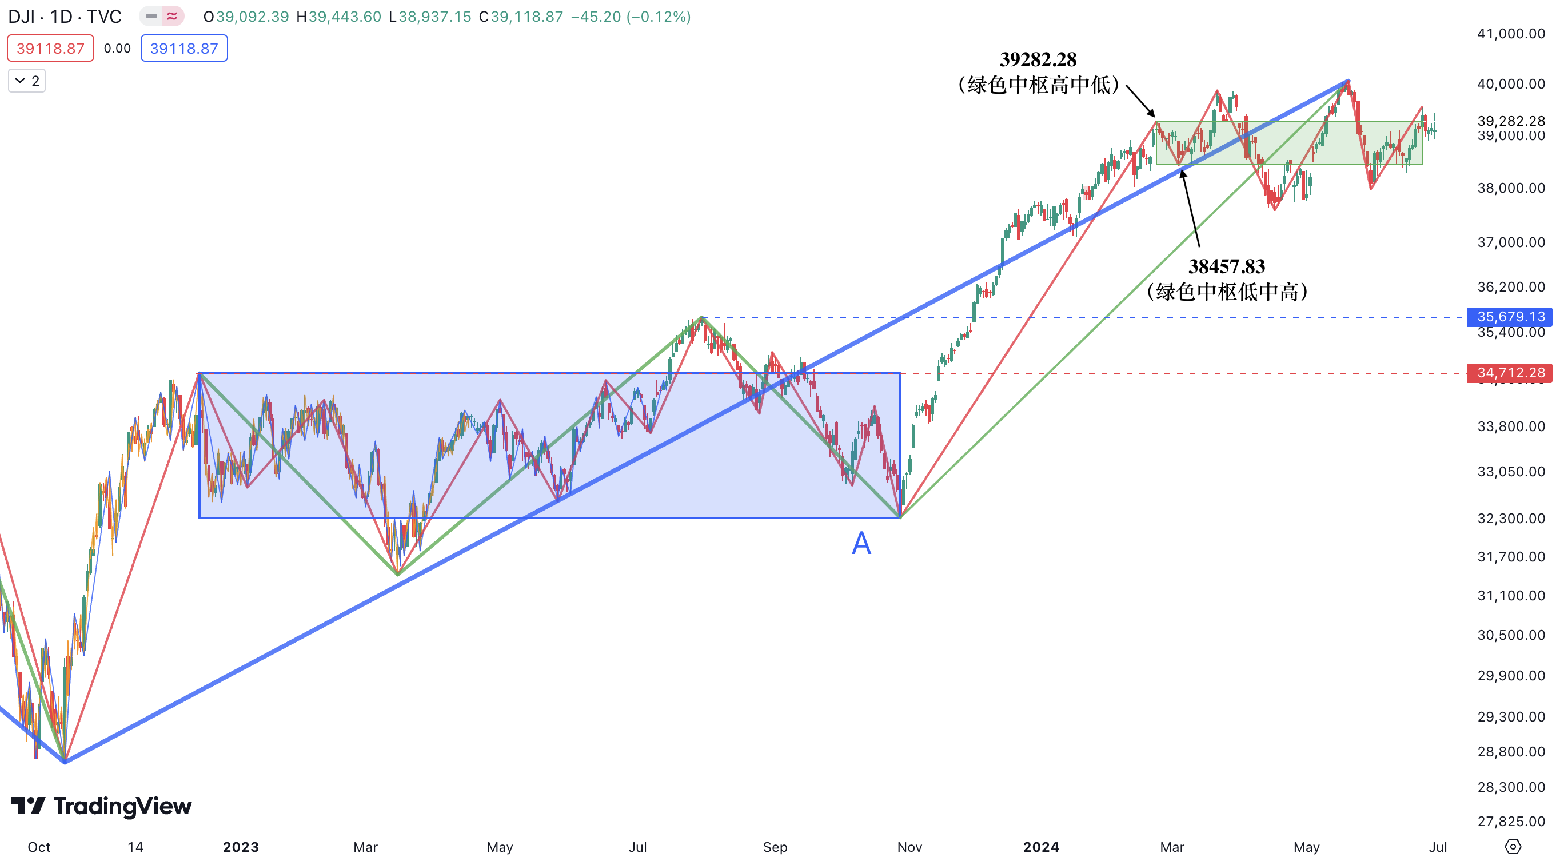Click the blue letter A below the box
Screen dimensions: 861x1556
click(861, 543)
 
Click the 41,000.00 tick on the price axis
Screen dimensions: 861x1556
click(1510, 34)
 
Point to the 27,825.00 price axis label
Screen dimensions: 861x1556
click(1510, 820)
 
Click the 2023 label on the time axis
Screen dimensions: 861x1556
click(241, 847)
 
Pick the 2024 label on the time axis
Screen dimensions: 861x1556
click(1040, 847)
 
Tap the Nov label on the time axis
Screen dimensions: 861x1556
click(909, 847)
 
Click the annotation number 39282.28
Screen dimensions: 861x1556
click(1038, 59)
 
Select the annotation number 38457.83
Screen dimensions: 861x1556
click(1226, 266)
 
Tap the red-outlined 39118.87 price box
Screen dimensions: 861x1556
click(50, 49)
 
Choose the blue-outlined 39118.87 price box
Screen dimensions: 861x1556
click(183, 49)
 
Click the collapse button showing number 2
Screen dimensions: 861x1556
click(27, 81)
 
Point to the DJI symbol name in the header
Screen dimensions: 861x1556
click(22, 17)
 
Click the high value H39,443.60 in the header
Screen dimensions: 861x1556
click(339, 17)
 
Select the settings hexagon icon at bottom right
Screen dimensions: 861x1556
click(1512, 847)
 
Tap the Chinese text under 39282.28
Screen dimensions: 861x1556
click(1038, 85)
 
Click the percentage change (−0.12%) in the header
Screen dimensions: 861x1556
click(659, 17)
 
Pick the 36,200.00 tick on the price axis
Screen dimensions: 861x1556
click(1510, 286)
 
